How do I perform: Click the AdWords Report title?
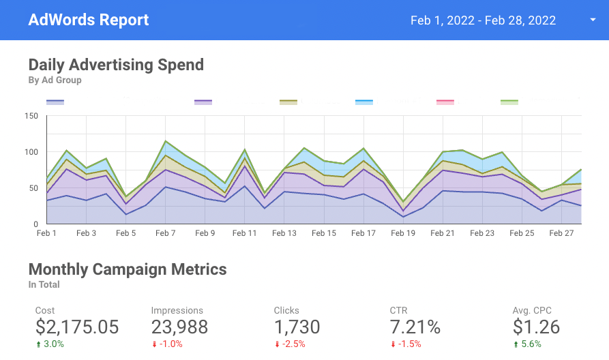click(x=89, y=20)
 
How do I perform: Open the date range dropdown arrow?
click(x=593, y=20)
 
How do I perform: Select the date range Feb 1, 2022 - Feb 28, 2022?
click(x=483, y=20)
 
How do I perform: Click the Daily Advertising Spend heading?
click(x=116, y=65)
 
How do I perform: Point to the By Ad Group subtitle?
click(x=55, y=80)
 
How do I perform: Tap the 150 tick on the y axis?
click(x=31, y=115)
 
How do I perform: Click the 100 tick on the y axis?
click(x=31, y=151)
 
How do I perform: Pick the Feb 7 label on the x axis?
click(x=165, y=233)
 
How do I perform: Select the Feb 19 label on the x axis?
click(x=402, y=233)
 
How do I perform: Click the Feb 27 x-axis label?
click(x=561, y=233)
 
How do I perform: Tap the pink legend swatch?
click(x=445, y=102)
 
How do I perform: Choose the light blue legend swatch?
click(x=364, y=102)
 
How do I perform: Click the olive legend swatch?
click(x=288, y=102)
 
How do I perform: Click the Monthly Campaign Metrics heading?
click(x=128, y=269)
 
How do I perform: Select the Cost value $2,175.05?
click(x=77, y=327)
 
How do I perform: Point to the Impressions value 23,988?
click(x=179, y=327)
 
